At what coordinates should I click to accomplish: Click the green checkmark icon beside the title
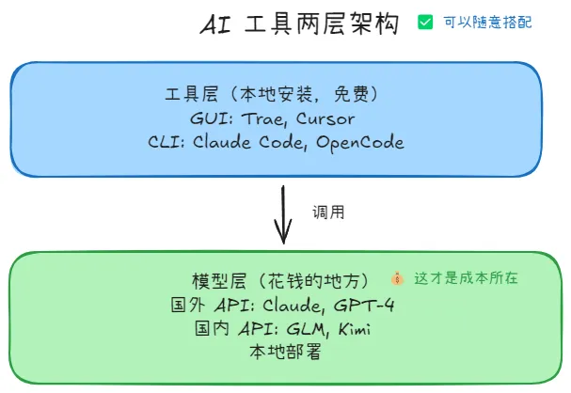tap(425, 22)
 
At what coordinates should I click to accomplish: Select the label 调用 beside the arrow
tap(329, 212)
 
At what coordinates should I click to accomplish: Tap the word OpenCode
tap(360, 143)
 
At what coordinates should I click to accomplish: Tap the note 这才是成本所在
tap(466, 279)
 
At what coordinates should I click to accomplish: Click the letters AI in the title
tap(214, 25)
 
